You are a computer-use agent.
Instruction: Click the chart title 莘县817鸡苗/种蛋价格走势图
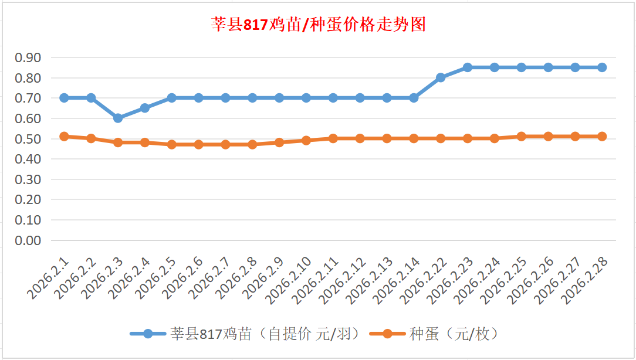pyautogui.click(x=318, y=25)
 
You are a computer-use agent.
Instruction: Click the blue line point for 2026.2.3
pyautogui.click(x=118, y=118)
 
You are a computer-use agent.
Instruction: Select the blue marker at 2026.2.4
pyautogui.click(x=145, y=108)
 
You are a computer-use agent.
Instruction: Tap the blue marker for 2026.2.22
pyautogui.click(x=441, y=77)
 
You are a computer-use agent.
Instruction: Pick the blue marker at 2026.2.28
pyautogui.click(x=602, y=67)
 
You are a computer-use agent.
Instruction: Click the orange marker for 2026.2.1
pyautogui.click(x=65, y=136)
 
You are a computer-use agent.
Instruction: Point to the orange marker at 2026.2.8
pyautogui.click(x=252, y=144)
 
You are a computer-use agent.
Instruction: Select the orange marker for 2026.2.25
pyautogui.click(x=522, y=136)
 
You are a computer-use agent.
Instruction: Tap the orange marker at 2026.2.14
pyautogui.click(x=414, y=138)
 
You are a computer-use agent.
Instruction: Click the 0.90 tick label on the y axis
pyautogui.click(x=28, y=57)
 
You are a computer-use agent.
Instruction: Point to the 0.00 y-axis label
pyautogui.click(x=28, y=240)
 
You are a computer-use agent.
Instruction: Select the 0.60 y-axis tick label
pyautogui.click(x=28, y=118)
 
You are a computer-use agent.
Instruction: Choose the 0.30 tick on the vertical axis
pyautogui.click(x=28, y=179)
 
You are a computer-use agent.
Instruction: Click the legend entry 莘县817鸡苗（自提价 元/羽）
pyautogui.click(x=246, y=334)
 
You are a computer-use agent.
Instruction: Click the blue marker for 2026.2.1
pyautogui.click(x=65, y=98)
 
